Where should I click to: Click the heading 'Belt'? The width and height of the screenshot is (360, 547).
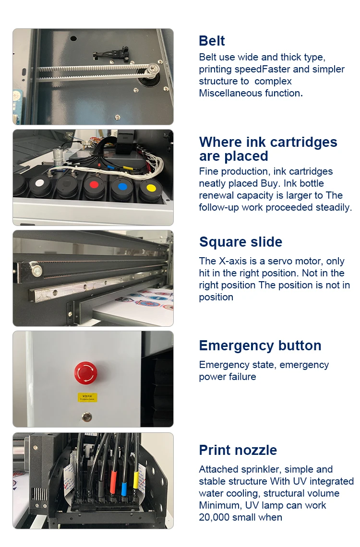tap(212, 41)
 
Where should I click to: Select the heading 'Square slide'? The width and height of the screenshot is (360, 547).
tap(240, 242)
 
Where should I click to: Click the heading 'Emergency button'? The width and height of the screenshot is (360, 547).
tap(260, 345)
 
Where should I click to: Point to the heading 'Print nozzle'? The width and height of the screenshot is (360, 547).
tap(238, 450)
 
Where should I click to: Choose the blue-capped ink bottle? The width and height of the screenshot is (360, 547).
tap(122, 186)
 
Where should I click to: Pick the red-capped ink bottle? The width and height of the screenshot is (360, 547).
tap(94, 185)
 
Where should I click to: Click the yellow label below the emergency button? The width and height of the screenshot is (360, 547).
tap(87, 397)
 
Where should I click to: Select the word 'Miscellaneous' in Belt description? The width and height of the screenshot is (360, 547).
tap(231, 93)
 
